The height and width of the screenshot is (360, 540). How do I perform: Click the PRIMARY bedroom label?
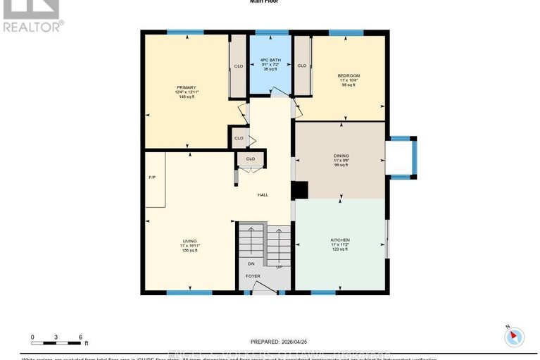pos(186,87)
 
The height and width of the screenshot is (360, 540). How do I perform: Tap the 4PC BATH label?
pos(271,59)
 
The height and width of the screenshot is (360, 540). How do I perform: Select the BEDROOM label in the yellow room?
pos(349,75)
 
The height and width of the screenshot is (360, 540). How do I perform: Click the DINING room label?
pos(341,155)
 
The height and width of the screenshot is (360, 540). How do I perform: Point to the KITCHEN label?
pos(340,240)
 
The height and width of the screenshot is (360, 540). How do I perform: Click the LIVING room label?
pos(189,241)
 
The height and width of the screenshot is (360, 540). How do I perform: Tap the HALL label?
pos(262,195)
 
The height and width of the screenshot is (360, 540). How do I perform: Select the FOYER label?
pos(253,276)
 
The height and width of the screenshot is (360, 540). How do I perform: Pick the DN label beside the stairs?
pos(240,265)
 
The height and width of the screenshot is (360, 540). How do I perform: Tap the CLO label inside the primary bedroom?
pos(238,66)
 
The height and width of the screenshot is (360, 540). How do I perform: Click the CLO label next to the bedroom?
pos(302,66)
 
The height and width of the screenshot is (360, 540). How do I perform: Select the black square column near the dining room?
pos(300,190)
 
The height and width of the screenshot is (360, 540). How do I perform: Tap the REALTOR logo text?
pos(32,27)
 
